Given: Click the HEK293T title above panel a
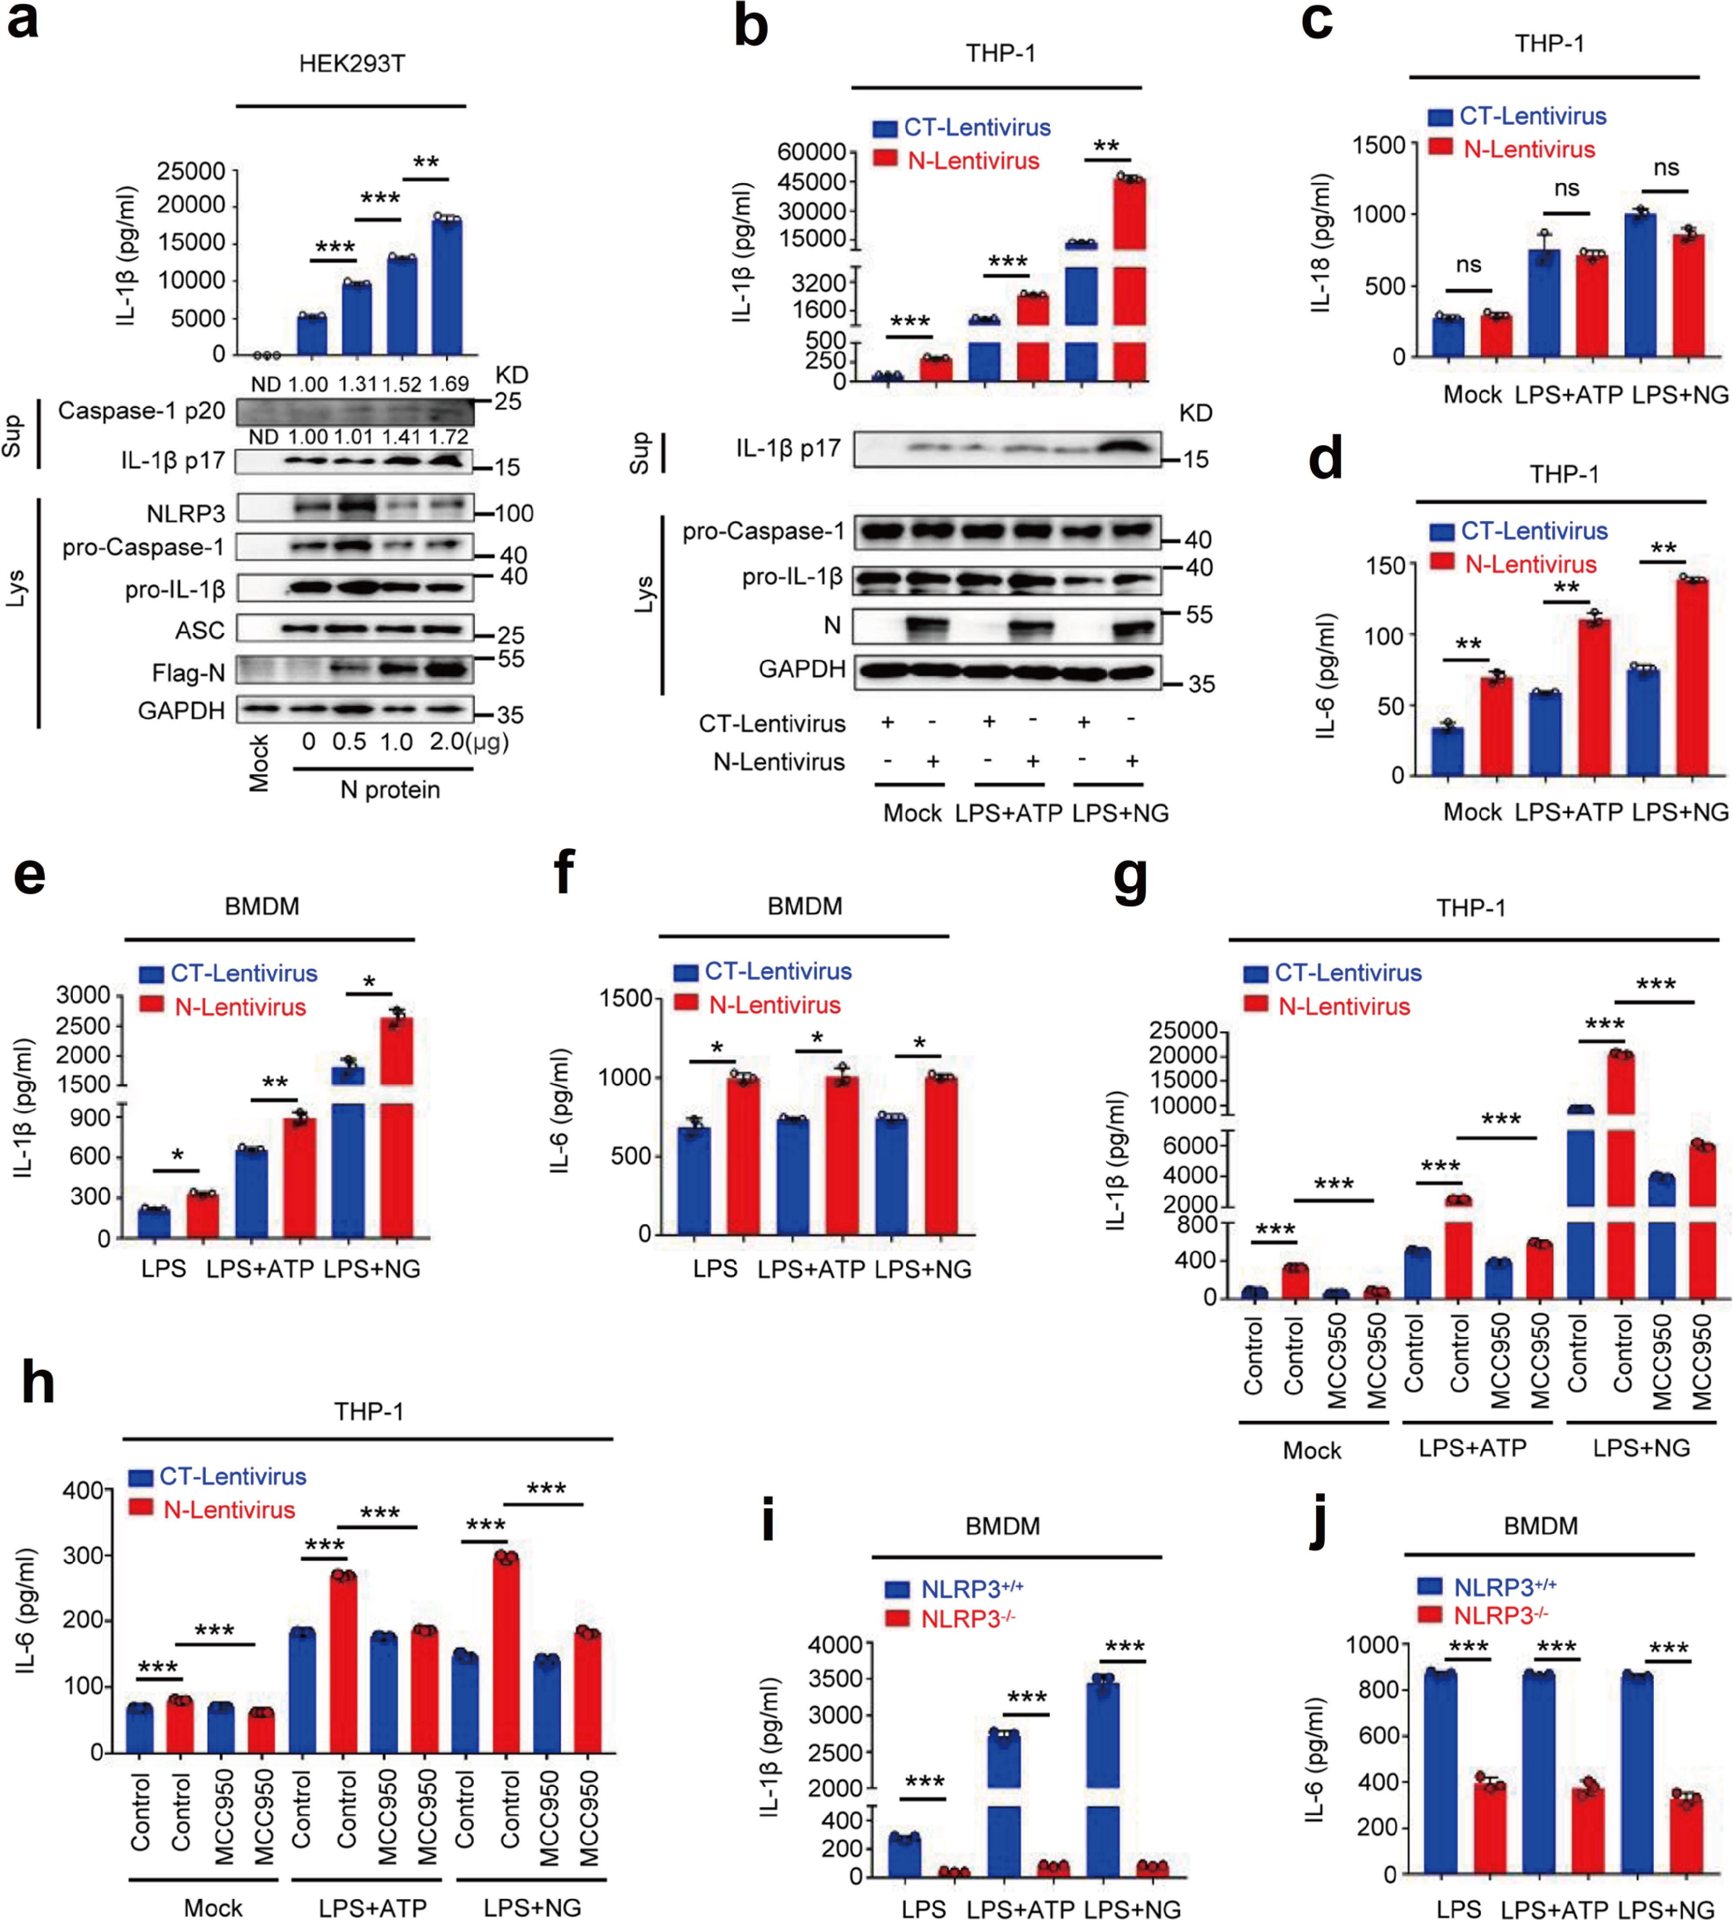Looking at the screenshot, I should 351,64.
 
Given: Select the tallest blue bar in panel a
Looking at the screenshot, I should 446,286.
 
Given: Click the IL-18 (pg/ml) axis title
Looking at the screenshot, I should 1320,244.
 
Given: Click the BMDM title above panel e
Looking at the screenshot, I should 262,906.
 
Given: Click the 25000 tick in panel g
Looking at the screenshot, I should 1184,1031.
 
